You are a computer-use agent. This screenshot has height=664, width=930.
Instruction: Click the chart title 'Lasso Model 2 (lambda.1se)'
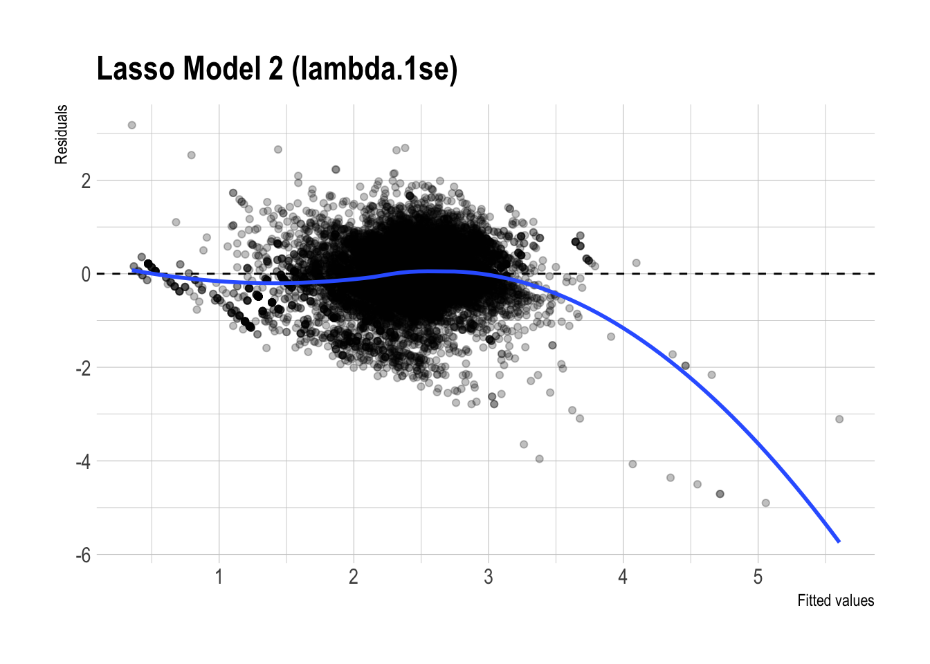277,69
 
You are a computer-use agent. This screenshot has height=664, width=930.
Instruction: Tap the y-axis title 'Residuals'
62,134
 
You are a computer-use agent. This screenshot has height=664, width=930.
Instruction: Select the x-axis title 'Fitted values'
835,600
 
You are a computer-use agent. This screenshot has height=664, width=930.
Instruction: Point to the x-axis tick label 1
219,577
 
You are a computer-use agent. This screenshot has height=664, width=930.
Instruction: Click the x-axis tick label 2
354,577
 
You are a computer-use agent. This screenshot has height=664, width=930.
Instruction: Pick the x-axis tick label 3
489,577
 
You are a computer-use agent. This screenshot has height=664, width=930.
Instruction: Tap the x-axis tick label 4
623,577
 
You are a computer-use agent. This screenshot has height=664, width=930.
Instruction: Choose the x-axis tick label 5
758,577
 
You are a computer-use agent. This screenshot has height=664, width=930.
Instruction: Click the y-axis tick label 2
86,181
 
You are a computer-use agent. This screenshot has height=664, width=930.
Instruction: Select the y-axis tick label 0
86,275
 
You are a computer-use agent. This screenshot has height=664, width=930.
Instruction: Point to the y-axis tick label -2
83,368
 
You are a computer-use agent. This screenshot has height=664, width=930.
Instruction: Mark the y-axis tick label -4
83,461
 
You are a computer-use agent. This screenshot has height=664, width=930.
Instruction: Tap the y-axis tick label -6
83,555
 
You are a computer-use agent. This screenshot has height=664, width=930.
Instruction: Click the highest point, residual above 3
131,125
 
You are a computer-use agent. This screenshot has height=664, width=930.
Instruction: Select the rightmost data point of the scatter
839,419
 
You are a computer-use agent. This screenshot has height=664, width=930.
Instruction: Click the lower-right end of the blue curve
839,542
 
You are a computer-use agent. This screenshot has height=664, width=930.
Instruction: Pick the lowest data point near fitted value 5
765,503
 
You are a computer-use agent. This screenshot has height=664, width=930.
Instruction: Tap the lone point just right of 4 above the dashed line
636,263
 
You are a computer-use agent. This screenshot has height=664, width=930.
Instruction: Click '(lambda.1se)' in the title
374,69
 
